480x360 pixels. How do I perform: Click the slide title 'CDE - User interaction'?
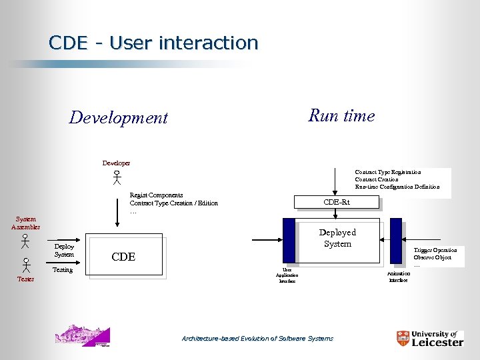[x=153, y=43]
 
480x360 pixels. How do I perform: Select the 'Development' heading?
[x=119, y=118]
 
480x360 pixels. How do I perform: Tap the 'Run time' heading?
[x=341, y=115]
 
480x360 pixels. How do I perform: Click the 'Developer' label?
[x=116, y=163]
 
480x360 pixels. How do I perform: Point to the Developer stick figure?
[x=116, y=177]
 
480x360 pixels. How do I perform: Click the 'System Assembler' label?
[x=25, y=223]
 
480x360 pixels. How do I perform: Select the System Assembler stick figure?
[x=25, y=241]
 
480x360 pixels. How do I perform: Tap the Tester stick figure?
[x=25, y=265]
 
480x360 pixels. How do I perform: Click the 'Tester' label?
[x=25, y=279]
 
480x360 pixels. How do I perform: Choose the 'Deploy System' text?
[x=64, y=250]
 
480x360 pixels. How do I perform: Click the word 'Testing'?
[x=63, y=270]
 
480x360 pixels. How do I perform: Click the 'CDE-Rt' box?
[x=337, y=202]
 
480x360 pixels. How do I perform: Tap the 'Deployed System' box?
[x=337, y=238]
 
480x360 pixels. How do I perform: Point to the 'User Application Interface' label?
[x=287, y=275]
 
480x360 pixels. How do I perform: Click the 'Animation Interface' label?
[x=398, y=276]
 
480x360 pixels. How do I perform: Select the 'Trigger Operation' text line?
[x=435, y=250]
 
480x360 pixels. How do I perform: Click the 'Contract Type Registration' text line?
[x=387, y=172]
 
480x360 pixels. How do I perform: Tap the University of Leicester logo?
[x=429, y=338]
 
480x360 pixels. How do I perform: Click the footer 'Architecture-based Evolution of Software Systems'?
[x=257, y=339]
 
